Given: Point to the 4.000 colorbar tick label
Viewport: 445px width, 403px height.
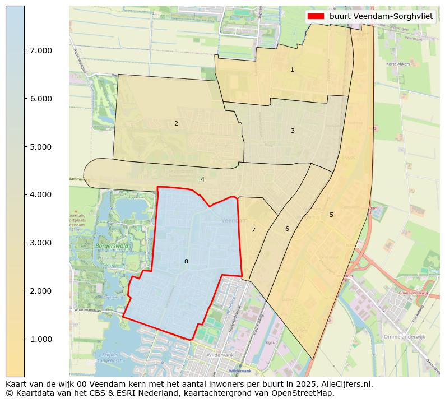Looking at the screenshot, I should (x=40, y=194).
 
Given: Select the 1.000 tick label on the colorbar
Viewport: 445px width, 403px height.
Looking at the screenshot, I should (x=40, y=339).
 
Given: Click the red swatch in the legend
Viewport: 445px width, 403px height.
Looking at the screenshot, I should (x=316, y=16).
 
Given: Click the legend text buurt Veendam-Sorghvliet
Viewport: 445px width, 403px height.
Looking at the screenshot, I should (x=381, y=16).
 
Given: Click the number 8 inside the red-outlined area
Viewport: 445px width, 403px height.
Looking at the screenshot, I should (x=186, y=261).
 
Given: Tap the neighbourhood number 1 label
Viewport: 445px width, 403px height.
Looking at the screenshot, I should (x=292, y=70).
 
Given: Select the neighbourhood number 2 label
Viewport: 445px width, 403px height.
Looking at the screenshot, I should (x=176, y=123).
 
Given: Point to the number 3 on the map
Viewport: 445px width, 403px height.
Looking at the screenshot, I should (x=293, y=131).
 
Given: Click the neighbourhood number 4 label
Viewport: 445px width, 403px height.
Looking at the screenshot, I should (x=202, y=179).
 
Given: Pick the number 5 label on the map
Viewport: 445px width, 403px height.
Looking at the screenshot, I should (x=331, y=215).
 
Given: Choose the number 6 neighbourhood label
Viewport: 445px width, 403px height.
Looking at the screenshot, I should (x=287, y=229).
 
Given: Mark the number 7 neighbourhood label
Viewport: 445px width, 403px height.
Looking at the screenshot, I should (x=253, y=230).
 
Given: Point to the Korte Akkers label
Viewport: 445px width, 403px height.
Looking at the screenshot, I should (x=398, y=64).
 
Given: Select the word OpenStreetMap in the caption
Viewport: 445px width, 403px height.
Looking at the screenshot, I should (x=306, y=393).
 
